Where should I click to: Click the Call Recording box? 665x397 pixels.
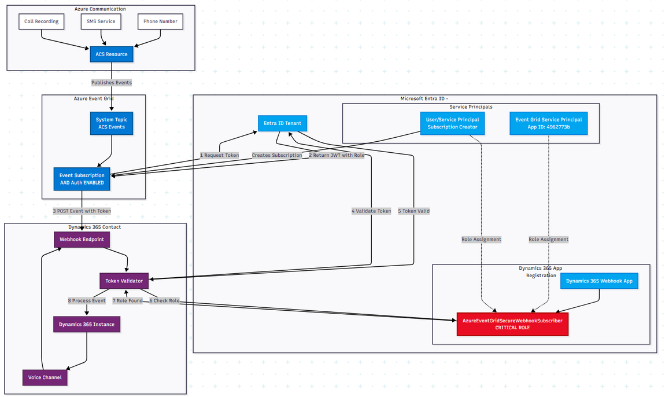pos(42,21)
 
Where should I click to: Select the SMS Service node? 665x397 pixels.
pos(101,21)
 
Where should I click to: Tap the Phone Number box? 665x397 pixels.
pos(160,21)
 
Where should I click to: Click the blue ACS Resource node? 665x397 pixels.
pos(112,54)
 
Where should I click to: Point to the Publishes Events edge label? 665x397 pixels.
pos(112,83)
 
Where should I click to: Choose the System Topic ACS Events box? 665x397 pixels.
pos(111,123)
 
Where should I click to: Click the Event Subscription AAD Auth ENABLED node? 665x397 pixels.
pos(82,179)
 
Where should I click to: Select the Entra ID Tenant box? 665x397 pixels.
pos(283,123)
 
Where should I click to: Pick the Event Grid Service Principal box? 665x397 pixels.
pos(548,123)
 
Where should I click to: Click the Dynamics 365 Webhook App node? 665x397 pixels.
pos(598,281)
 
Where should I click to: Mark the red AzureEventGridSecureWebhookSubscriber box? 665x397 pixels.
pos(512,324)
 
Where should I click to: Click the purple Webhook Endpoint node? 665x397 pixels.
pos(82,239)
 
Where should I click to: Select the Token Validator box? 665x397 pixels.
pos(124,281)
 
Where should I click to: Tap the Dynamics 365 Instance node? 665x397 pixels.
pos(87,324)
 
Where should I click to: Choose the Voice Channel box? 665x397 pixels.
pos(45,377)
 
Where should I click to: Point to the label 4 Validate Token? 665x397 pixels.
pos(371,211)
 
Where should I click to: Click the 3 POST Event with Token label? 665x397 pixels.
pos(82,211)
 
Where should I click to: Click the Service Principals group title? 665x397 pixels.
pos(470,107)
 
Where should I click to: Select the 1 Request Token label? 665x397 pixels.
pos(220,155)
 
